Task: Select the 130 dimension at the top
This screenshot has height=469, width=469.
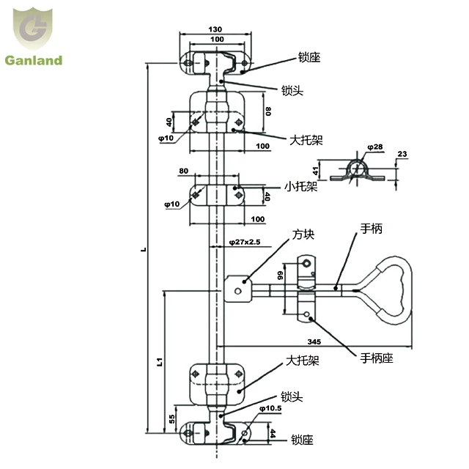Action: point(215,29)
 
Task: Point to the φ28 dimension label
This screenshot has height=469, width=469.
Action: point(374,147)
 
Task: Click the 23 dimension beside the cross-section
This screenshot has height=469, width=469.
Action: point(402,154)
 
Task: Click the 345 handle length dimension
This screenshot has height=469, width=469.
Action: point(314,341)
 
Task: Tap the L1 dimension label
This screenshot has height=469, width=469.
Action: point(160,362)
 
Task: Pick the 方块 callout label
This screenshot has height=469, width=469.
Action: point(303,235)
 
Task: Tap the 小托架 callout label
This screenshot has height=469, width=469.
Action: point(300,186)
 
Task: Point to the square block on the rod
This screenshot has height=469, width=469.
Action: point(237,288)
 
